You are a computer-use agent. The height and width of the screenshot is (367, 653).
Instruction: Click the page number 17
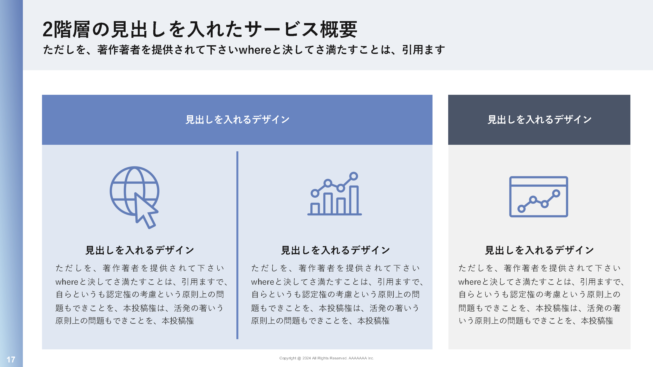(x=11, y=359)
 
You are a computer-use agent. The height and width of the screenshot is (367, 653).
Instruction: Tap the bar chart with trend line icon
(x=334, y=194)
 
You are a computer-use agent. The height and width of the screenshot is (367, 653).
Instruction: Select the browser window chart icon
(x=539, y=197)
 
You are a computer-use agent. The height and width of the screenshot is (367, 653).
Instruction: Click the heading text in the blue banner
(x=237, y=120)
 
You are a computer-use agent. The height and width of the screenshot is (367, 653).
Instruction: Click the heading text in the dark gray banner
(x=539, y=120)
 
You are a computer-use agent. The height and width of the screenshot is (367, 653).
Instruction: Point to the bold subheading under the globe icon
(x=140, y=250)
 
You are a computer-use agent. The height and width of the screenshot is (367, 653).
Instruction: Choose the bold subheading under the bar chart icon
(x=335, y=250)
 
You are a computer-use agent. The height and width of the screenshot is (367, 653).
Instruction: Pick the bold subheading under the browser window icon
(x=539, y=250)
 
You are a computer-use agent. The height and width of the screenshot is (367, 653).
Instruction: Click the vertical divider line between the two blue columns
(x=237, y=245)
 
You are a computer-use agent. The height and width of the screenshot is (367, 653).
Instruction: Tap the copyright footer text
(x=326, y=358)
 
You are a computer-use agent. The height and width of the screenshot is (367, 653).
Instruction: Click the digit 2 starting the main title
(x=48, y=30)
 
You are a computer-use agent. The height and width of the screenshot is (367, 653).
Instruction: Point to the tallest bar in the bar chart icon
(x=354, y=200)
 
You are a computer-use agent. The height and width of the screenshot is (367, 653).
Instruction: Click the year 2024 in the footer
(x=306, y=358)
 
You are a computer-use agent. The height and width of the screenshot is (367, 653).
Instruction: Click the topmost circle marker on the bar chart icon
(x=353, y=176)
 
